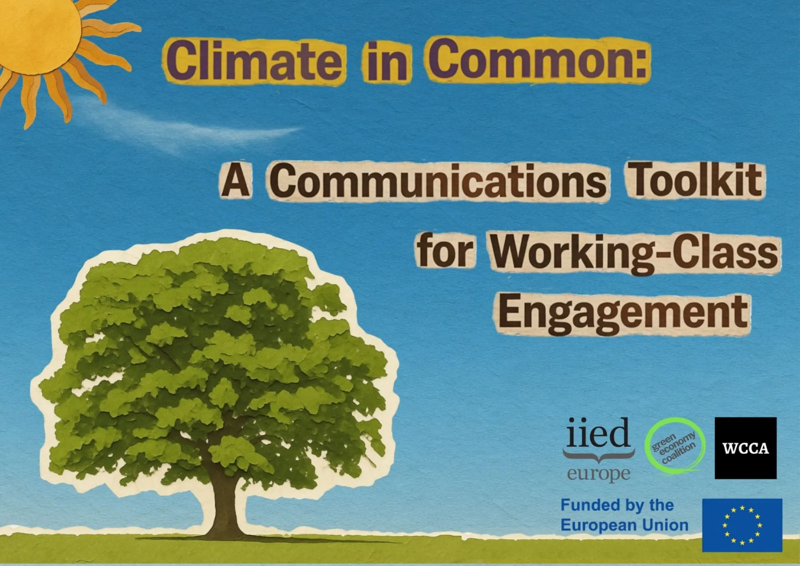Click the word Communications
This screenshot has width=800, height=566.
tap(438, 181)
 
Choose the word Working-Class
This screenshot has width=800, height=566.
tap(634, 254)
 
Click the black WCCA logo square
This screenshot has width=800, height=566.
tap(746, 448)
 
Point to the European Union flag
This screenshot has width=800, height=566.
tap(742, 525)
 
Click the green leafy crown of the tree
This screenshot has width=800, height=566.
tap(216, 360)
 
